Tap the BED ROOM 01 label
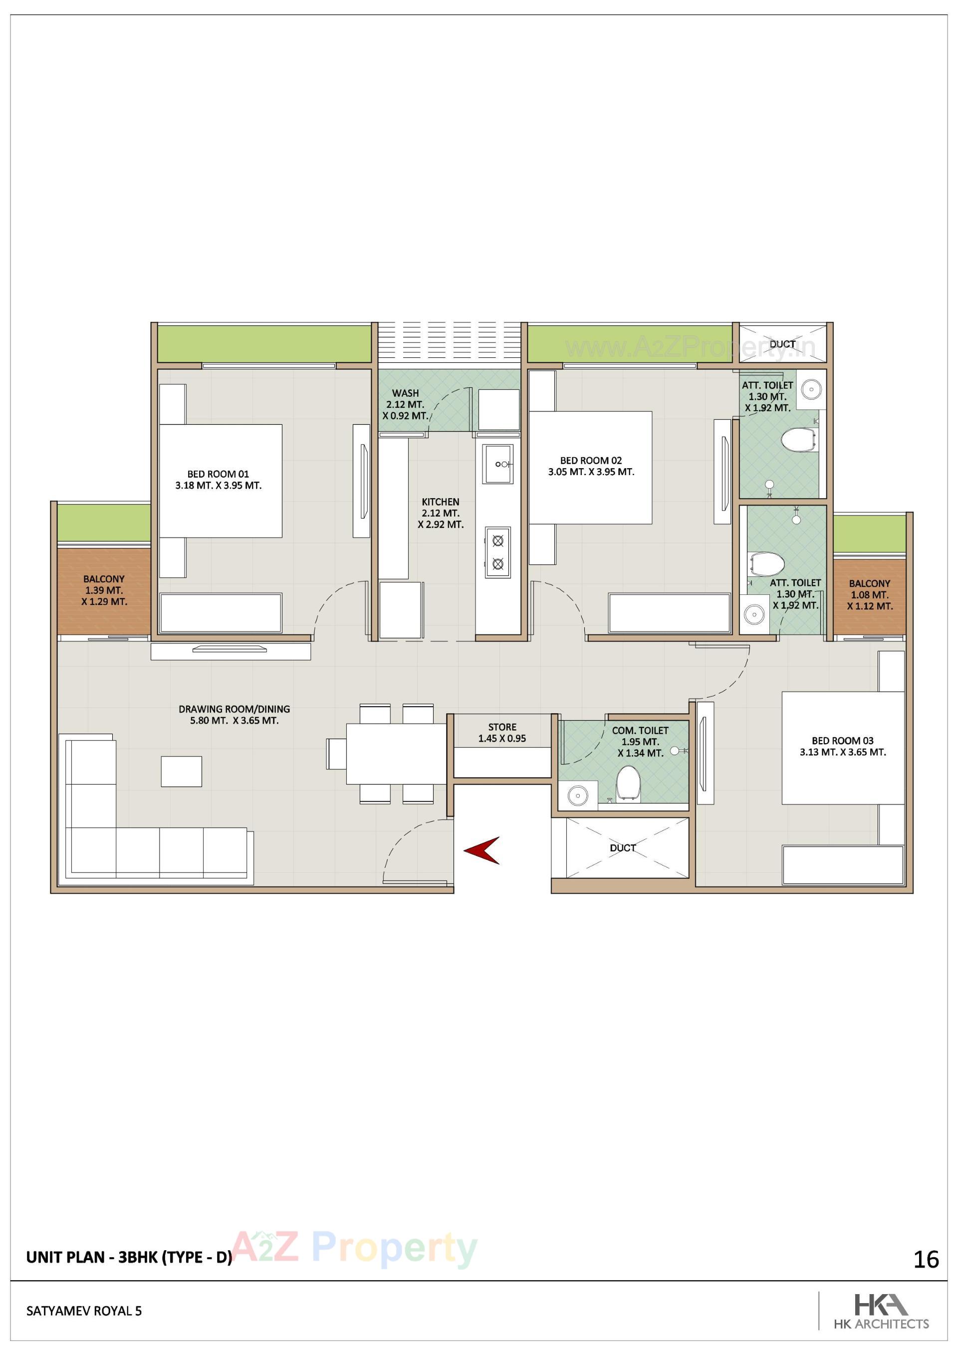(218, 480)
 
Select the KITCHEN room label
(441, 513)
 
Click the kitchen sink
(498, 464)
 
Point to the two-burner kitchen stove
(498, 552)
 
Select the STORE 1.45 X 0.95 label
(502, 732)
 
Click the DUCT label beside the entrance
(623, 847)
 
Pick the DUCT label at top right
(782, 344)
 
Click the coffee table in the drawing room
(181, 771)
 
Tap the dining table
(396, 753)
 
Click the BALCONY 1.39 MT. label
(104, 590)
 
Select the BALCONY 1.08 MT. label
(869, 594)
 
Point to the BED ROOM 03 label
(842, 746)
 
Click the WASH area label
(405, 404)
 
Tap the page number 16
(926, 1260)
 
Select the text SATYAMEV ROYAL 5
(84, 1311)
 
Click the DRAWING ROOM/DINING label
(234, 714)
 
